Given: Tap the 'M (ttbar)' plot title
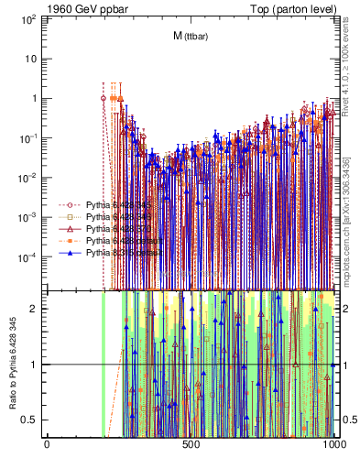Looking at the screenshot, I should pyautogui.click(x=190, y=36).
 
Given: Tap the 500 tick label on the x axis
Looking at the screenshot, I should pyautogui.click(x=191, y=445).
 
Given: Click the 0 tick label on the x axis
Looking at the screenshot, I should pyautogui.click(x=47, y=445).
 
